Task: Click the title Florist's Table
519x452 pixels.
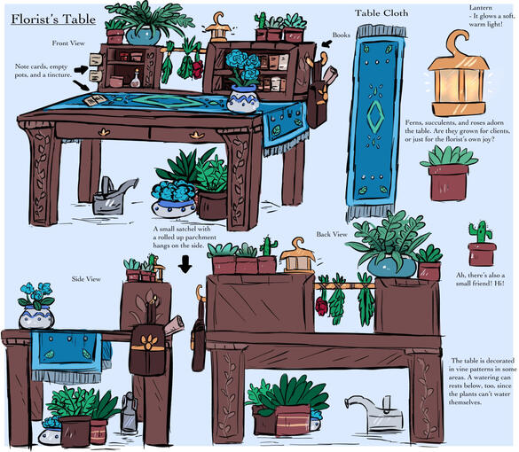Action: [53, 19]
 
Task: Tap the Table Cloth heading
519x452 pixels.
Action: [381, 13]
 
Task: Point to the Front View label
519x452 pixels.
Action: [68, 43]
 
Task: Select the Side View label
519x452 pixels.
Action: [86, 279]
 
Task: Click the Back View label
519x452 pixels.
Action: [332, 234]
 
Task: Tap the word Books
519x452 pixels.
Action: [342, 35]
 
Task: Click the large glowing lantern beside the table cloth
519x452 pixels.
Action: [459, 74]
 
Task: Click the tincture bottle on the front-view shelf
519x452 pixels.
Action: [136, 79]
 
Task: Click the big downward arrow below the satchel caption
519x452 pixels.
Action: [185, 264]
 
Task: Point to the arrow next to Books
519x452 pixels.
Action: [327, 43]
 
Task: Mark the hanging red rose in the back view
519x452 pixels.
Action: [321, 306]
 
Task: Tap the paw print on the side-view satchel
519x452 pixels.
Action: [148, 342]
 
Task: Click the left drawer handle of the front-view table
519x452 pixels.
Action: [105, 132]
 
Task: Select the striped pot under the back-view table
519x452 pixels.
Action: [293, 420]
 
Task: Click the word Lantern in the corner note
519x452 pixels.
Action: [481, 7]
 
